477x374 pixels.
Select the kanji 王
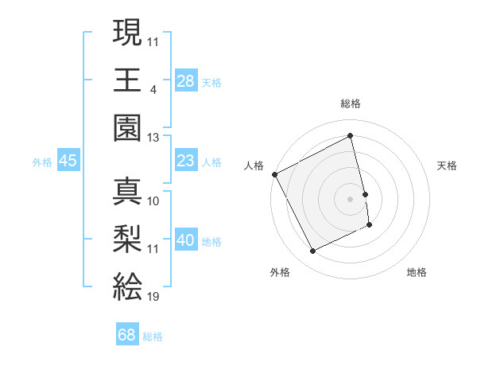click(x=127, y=80)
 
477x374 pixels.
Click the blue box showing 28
click(x=186, y=81)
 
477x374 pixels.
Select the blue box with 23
click(x=186, y=162)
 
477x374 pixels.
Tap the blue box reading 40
click(x=186, y=241)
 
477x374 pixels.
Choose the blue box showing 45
click(x=68, y=162)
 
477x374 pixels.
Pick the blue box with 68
click(x=127, y=335)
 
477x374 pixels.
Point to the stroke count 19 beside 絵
click(x=153, y=297)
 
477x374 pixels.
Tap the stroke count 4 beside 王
click(x=153, y=89)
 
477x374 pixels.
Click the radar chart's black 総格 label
click(x=351, y=103)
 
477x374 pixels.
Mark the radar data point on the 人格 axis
click(x=275, y=174)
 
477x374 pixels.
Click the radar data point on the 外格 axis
click(x=313, y=251)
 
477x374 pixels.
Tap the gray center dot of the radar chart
click(x=351, y=198)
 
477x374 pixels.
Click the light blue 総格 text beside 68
click(x=153, y=336)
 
